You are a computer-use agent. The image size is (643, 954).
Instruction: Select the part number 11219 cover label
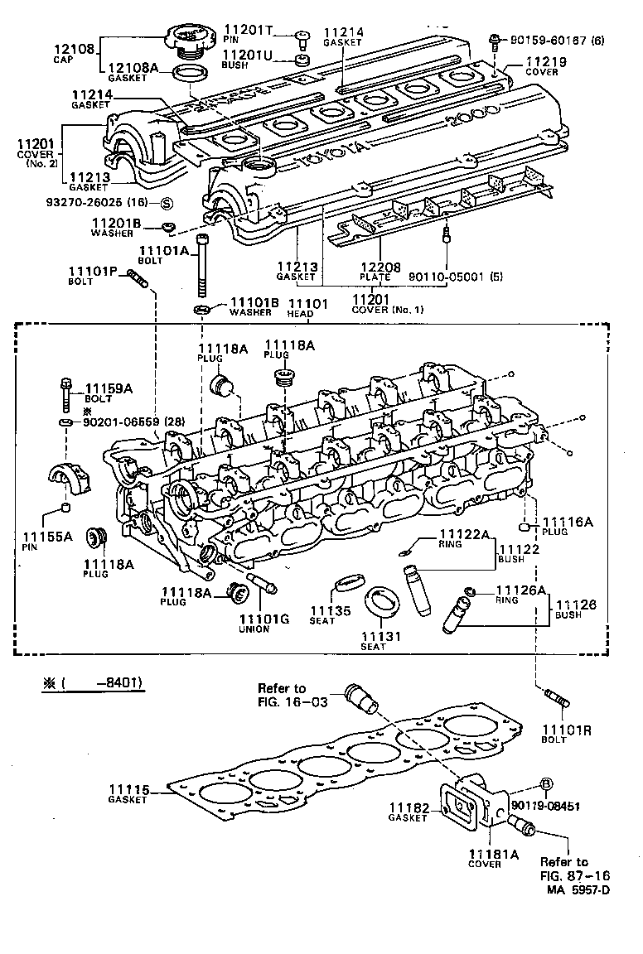(x=544, y=62)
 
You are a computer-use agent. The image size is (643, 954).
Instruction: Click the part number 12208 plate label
(x=381, y=268)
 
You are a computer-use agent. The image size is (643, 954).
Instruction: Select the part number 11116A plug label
(x=568, y=522)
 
